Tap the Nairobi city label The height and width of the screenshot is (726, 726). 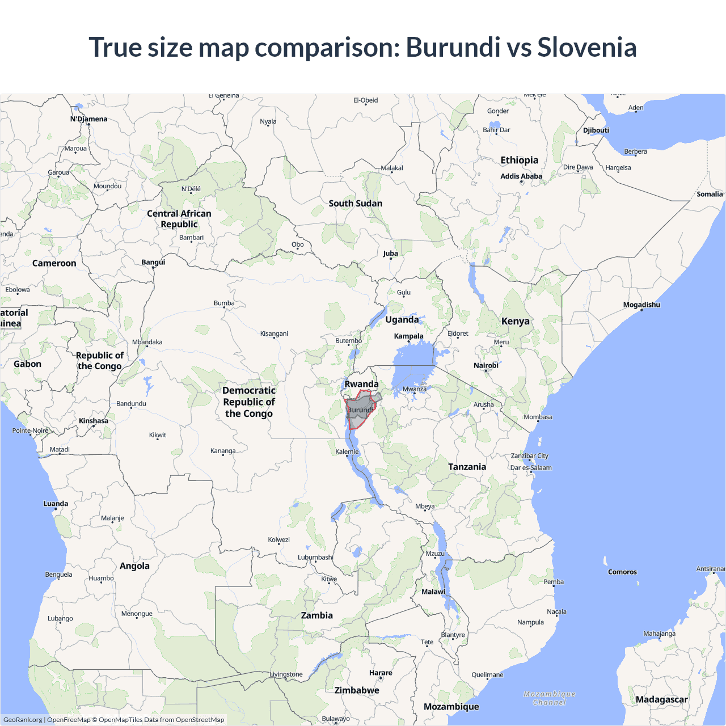486,365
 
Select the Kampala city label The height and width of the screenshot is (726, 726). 408,336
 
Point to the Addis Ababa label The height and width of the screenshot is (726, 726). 521,176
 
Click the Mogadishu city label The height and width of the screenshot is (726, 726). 641,305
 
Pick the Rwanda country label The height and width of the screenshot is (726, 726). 361,384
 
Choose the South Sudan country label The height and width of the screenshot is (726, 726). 355,203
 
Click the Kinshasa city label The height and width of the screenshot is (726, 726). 94,421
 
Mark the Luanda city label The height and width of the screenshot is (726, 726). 56,504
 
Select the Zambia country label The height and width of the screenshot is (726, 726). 316,615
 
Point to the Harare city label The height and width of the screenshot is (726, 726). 381,673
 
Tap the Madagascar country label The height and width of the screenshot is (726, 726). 661,699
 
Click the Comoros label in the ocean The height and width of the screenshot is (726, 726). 622,572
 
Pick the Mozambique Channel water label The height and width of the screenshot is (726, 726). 549,698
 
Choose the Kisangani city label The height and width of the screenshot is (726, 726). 274,334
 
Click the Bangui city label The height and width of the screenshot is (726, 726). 153,262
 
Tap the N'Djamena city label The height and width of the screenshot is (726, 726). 88,119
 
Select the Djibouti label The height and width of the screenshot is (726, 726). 596,130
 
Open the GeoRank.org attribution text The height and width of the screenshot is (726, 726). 23,720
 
